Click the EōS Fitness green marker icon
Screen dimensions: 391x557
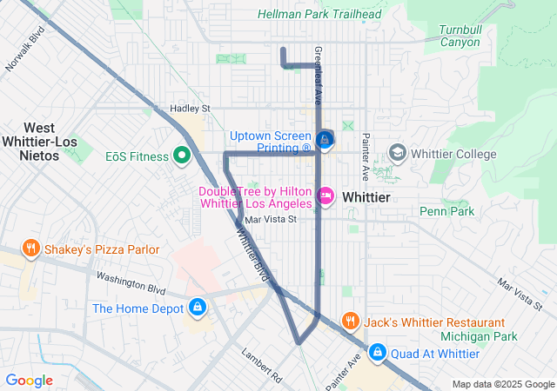coord(182,156)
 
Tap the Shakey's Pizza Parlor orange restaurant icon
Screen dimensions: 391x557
coord(31,249)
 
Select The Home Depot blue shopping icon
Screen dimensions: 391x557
coord(198,308)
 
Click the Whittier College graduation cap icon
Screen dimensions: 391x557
coord(397,154)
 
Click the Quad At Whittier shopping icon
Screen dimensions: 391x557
coord(378,353)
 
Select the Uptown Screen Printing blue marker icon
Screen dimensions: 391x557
coord(325,140)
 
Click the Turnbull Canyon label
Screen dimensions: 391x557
coord(460,36)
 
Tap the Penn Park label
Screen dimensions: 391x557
coord(446,211)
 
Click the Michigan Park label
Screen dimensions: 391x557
coord(479,336)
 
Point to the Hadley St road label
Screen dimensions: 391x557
coord(191,109)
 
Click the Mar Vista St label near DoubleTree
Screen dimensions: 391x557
coord(271,220)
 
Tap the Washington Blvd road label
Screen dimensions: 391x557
coord(131,283)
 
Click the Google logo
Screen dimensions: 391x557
coord(29,381)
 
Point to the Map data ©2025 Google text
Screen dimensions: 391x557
coord(503,385)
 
